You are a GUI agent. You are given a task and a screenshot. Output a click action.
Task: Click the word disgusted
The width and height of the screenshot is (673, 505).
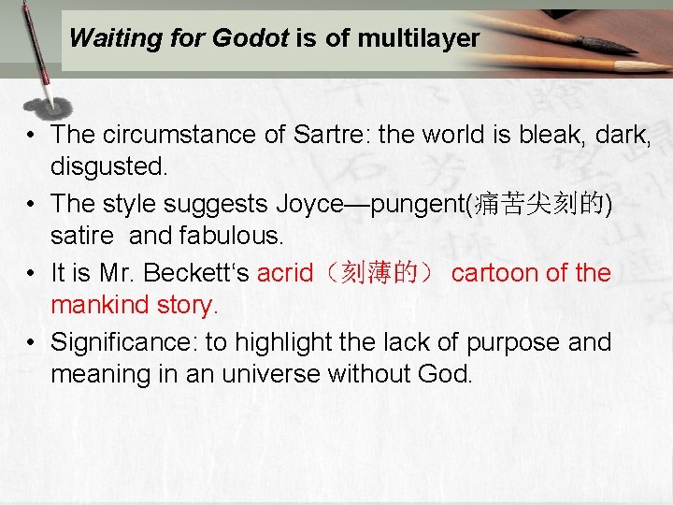109,167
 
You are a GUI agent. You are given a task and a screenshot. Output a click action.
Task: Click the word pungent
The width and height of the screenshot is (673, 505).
419,204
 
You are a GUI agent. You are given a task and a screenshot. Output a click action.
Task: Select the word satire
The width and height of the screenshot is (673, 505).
81,236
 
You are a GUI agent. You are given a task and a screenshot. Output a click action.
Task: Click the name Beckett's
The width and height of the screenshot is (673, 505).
199,273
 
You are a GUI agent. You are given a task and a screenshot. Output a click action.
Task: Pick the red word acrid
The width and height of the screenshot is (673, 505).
286,273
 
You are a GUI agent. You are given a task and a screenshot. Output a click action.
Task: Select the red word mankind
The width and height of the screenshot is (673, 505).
99,305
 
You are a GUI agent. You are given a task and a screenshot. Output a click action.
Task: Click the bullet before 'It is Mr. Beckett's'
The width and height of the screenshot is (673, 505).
32,273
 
